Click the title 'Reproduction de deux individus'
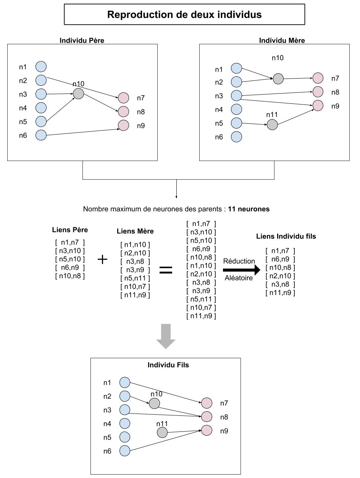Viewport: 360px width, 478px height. (184, 15)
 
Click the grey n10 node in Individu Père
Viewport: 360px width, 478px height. (78, 93)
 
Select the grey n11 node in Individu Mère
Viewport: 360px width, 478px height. (272, 124)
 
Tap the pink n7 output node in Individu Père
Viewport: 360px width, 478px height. (123, 98)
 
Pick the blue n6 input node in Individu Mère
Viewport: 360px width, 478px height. (237, 137)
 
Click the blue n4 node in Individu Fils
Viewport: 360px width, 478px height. (125, 423)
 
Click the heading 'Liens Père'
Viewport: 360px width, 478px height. (70, 230)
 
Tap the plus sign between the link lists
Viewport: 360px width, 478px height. (102, 259)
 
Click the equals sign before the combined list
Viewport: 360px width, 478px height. (166, 270)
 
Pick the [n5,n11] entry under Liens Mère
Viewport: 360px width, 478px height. (135, 278)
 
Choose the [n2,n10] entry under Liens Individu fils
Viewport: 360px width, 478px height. (281, 276)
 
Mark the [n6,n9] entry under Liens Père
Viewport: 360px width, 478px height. (70, 267)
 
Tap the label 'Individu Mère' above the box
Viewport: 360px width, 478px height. (277, 40)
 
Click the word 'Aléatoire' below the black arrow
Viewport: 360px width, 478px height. (238, 278)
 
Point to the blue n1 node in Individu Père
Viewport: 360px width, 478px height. (41, 67)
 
